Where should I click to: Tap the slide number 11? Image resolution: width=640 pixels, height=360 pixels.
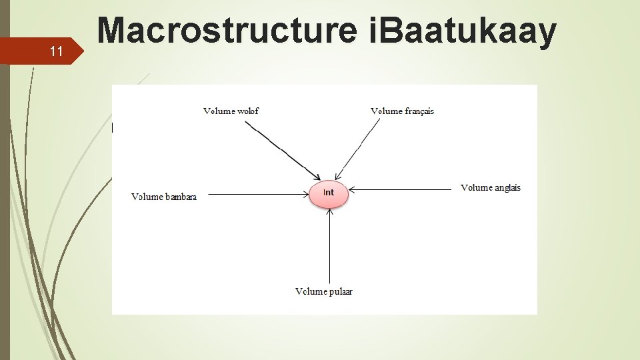click(x=57, y=51)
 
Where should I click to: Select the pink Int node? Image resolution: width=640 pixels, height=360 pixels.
click(x=329, y=193)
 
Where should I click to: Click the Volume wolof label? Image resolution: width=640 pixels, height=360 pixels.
click(x=231, y=111)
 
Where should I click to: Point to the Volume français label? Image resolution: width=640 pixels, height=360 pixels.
click(x=402, y=111)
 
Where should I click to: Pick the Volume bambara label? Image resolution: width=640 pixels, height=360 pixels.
click(x=164, y=197)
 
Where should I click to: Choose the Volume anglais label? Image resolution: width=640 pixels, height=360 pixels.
click(x=491, y=187)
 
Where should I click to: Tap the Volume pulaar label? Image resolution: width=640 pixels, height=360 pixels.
click(x=324, y=291)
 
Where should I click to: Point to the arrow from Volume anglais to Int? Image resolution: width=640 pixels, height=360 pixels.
click(x=400, y=189)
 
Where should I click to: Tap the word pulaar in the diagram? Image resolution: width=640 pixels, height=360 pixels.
click(x=340, y=291)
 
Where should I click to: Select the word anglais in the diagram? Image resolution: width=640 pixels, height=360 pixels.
click(x=508, y=187)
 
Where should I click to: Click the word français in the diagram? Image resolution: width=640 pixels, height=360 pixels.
click(x=419, y=111)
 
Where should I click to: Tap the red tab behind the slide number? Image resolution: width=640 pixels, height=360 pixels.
click(x=40, y=51)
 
